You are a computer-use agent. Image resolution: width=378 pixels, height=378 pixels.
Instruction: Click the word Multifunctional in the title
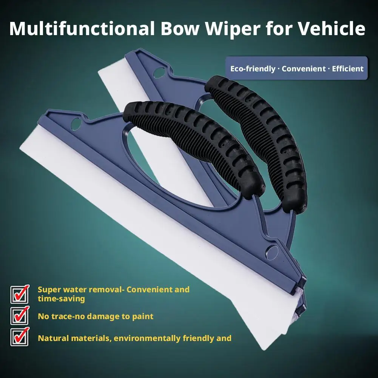82,28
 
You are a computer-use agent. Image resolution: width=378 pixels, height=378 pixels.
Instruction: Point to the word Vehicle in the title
332,28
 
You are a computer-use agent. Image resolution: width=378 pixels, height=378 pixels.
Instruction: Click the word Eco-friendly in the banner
253,69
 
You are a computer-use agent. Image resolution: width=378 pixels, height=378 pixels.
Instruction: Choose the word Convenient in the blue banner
304,69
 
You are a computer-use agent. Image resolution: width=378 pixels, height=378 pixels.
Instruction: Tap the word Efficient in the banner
348,69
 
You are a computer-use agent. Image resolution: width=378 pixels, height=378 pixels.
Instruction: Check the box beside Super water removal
19,294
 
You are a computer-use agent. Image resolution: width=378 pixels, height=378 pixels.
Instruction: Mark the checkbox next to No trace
19,316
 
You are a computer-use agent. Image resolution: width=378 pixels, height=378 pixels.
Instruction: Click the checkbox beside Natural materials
19,337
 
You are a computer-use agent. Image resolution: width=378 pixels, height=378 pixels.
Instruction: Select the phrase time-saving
61,299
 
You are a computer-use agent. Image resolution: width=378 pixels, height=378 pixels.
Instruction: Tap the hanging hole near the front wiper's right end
272,252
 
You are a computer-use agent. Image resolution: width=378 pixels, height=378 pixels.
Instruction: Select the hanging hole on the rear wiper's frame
159,73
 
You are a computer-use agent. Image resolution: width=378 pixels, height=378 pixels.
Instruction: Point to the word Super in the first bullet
48,290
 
